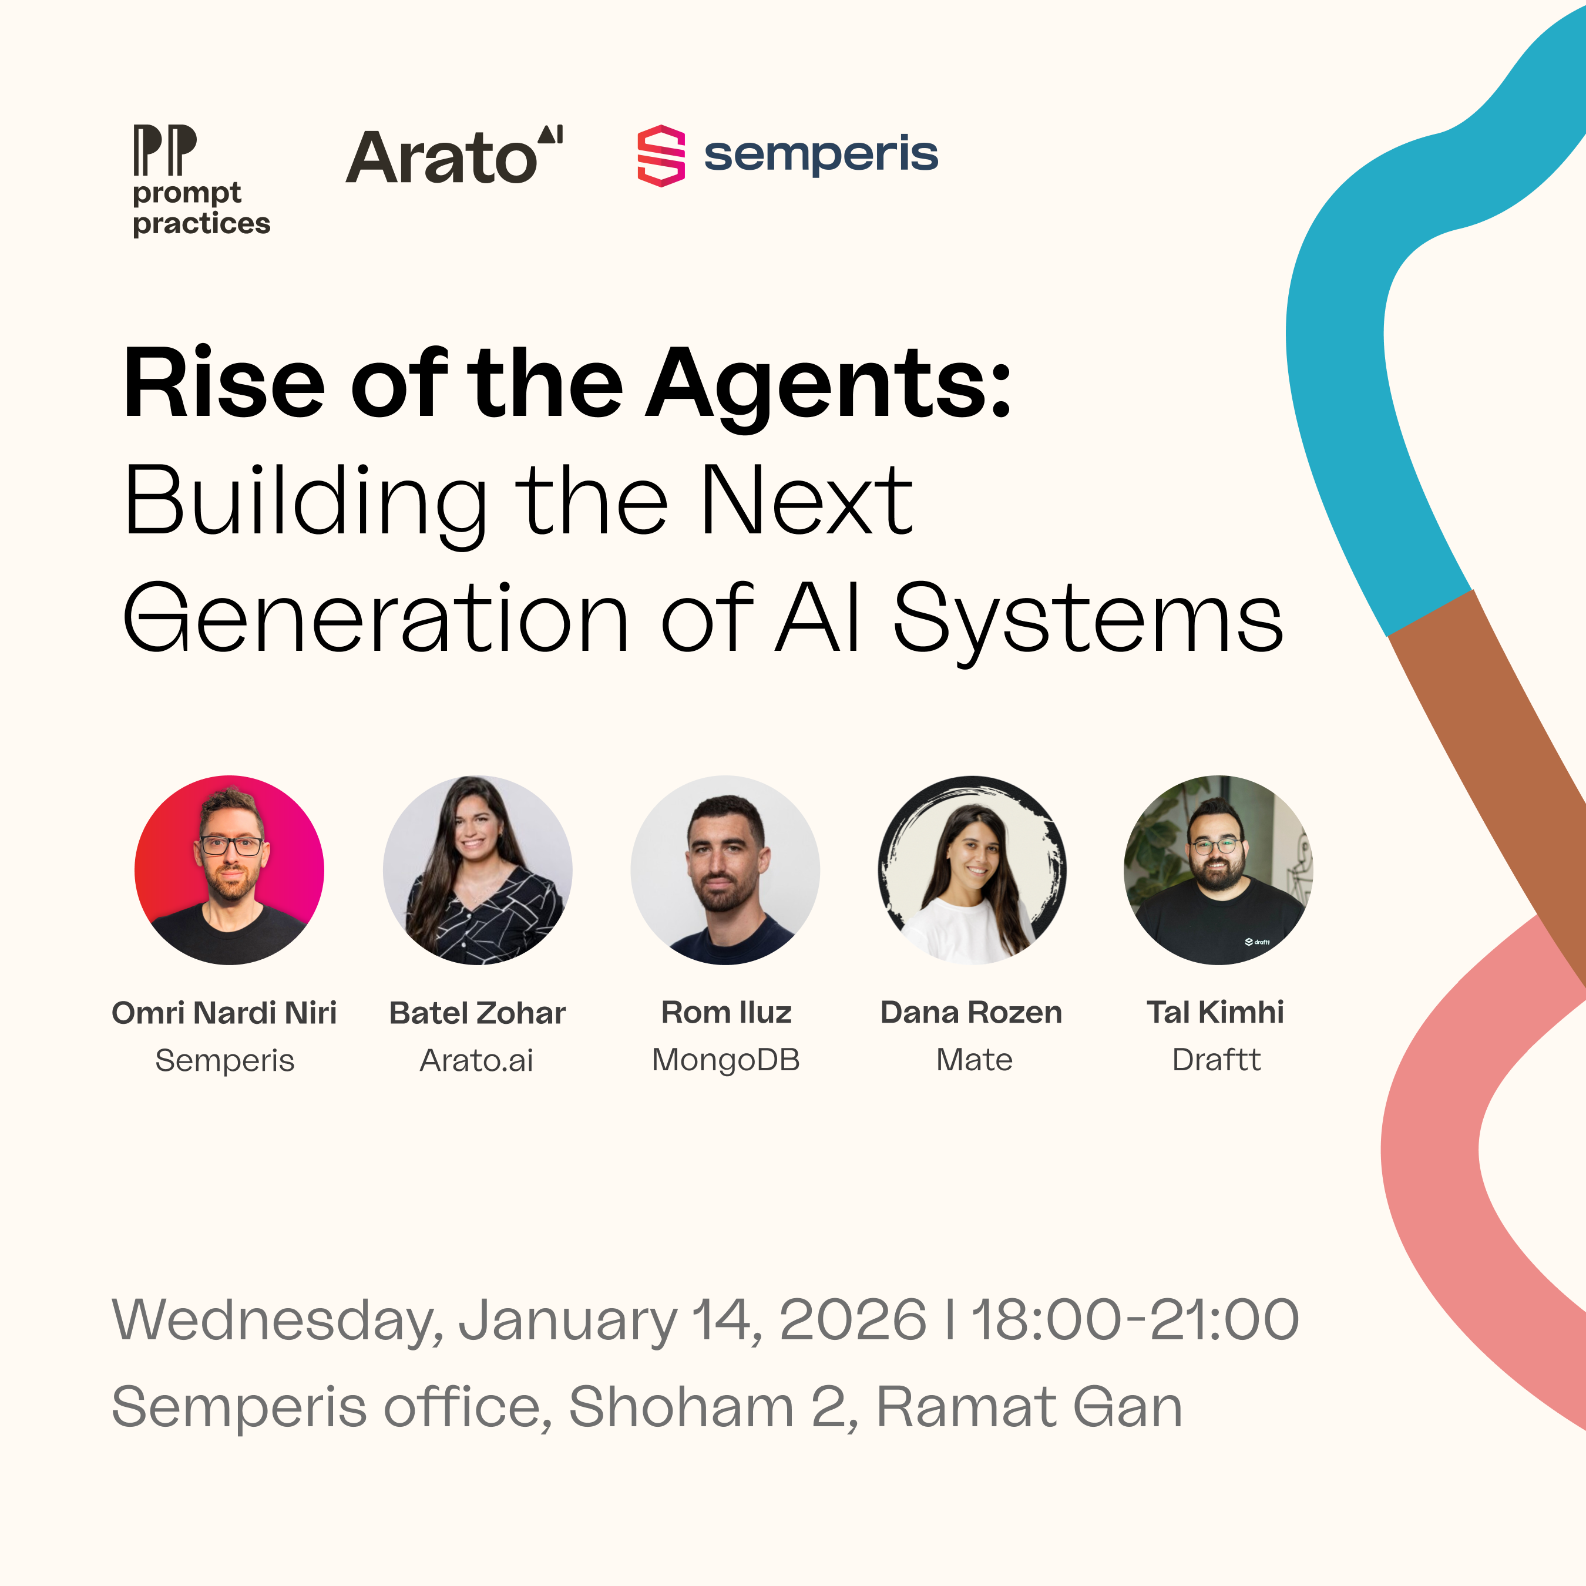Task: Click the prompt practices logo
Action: (200, 180)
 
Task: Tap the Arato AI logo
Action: (454, 156)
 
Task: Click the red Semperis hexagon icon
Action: (661, 156)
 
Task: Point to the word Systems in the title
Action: (1088, 620)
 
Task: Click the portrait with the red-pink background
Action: (229, 869)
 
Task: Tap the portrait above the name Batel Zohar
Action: (477, 869)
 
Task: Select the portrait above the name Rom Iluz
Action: (725, 869)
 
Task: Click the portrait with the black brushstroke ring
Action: (972, 869)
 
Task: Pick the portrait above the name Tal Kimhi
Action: (1218, 869)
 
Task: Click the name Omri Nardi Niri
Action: (224, 1013)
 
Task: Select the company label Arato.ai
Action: (476, 1061)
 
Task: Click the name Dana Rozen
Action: (971, 1013)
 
